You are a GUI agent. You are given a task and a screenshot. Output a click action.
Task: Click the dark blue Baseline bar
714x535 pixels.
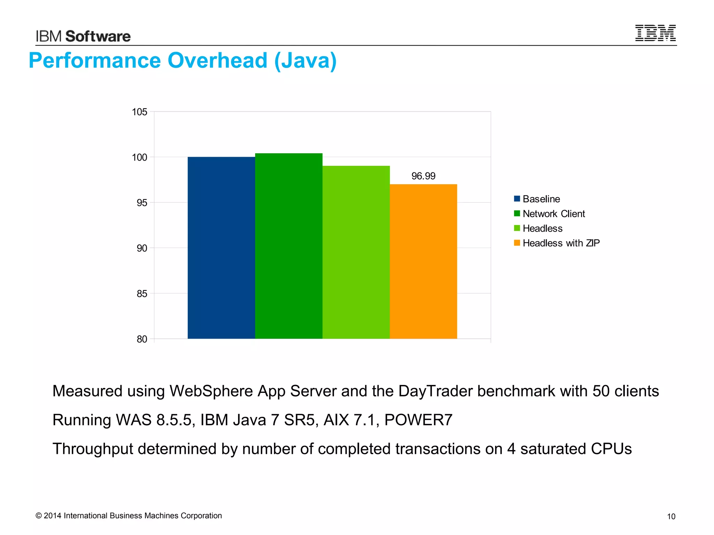pos(221,248)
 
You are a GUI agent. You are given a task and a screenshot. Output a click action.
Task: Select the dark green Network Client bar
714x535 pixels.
pos(289,246)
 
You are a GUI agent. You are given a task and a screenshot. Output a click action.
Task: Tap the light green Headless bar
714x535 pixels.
pos(356,252)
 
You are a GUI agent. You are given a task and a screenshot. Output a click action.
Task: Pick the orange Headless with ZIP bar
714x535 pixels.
pos(423,261)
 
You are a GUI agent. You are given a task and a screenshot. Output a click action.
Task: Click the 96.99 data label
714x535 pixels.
pos(423,176)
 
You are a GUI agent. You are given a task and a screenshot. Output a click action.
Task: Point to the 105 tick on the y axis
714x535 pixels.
pos(139,112)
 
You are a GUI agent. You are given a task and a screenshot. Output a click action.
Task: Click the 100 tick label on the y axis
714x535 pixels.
pos(139,157)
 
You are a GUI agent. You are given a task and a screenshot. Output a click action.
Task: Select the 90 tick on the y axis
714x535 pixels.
pos(142,248)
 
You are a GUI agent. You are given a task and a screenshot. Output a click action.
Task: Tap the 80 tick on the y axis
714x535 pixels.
pos(142,339)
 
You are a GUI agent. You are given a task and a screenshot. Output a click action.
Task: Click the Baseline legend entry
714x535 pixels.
pos(541,199)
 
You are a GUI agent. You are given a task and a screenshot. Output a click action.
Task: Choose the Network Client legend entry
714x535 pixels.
pos(553,214)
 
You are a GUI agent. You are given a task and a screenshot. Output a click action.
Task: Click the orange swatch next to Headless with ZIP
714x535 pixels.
pos(517,243)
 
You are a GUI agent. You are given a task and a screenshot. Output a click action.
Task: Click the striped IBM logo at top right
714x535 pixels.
pos(655,33)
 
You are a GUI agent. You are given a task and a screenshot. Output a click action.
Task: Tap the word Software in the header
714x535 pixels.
pos(98,37)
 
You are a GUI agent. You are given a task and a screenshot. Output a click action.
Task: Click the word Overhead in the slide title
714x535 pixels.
pos(217,61)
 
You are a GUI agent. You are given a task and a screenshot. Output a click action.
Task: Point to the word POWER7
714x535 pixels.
pos(418,420)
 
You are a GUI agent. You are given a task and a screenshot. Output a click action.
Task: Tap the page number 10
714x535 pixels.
pos(671,517)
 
